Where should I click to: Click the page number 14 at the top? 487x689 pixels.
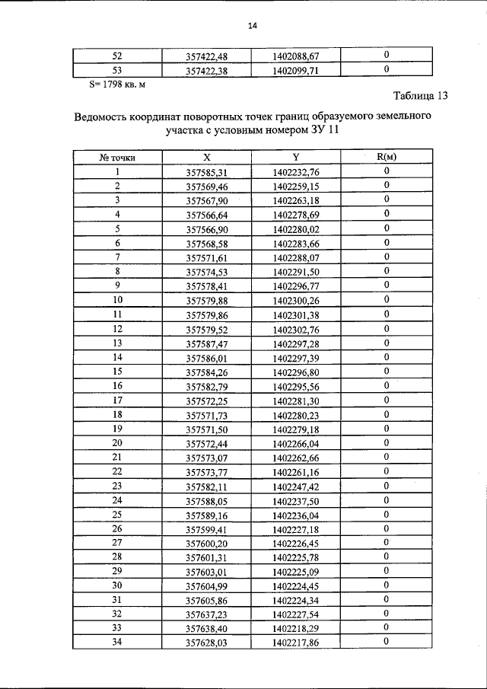tap(253, 26)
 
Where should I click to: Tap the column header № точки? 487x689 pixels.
tap(118, 158)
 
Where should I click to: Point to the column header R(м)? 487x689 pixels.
tap(387, 158)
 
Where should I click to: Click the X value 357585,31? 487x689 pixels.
tap(207, 172)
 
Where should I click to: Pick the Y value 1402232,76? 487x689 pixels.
tap(296, 172)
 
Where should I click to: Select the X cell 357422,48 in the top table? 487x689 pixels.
tap(207, 56)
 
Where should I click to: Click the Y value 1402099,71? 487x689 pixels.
tap(296, 70)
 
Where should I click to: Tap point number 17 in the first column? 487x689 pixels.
tap(118, 400)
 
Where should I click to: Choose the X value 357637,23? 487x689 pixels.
tap(207, 614)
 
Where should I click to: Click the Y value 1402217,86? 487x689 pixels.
tap(296, 643)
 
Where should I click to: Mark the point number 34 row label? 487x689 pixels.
tap(118, 643)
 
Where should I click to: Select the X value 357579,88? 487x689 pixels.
tap(207, 301)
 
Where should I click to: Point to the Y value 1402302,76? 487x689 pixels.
tap(296, 329)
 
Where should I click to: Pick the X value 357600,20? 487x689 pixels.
tap(207, 543)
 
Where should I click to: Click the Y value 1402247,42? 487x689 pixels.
tap(296, 486)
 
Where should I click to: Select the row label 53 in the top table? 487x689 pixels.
tap(118, 70)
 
